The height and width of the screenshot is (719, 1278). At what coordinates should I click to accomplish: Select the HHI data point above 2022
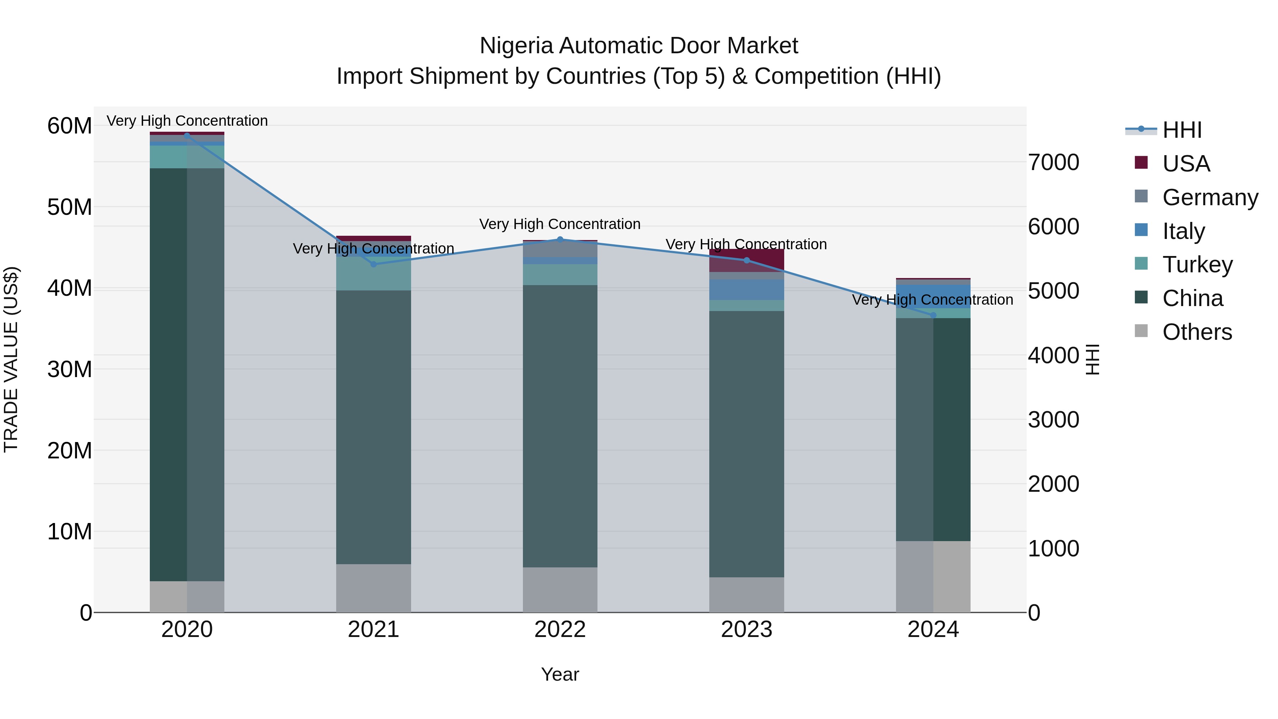(560, 239)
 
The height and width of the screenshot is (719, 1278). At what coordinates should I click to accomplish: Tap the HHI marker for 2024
(933, 315)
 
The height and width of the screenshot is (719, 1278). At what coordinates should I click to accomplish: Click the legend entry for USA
(1186, 163)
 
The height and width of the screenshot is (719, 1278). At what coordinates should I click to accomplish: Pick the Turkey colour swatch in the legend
(1141, 263)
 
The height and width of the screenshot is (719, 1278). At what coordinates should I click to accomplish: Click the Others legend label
(1197, 332)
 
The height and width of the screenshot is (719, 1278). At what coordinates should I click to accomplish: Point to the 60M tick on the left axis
(70, 126)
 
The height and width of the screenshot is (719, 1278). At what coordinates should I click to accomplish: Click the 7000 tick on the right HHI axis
(1054, 162)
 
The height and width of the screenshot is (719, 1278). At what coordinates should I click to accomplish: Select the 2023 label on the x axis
(747, 629)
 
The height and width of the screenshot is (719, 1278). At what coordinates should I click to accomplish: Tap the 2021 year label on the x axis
(373, 629)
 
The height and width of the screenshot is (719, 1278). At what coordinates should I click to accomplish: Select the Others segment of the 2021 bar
(373, 588)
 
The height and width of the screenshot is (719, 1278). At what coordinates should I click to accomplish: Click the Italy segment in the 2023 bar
(747, 289)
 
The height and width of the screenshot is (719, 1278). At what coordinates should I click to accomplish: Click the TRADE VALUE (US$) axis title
(11, 359)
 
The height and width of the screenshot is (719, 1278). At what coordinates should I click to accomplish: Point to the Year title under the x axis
(560, 674)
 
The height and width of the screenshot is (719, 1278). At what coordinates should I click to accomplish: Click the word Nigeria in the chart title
(516, 46)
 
